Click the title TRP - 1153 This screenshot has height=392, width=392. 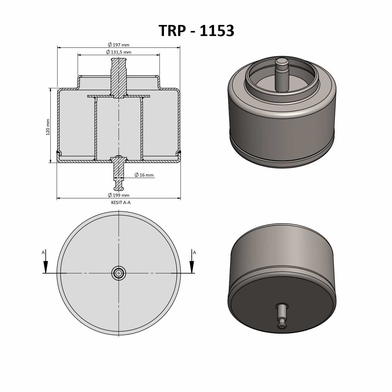point(196,31)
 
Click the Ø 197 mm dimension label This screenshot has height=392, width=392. point(119,45)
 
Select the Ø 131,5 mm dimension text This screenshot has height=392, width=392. point(119,52)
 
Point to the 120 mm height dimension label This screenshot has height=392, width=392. point(48,127)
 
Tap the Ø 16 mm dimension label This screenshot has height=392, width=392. point(144,175)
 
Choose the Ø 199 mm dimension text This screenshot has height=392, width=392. point(119,195)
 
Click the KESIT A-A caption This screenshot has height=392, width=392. point(121,202)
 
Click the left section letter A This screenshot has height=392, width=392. point(43,252)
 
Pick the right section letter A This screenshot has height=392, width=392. point(194,252)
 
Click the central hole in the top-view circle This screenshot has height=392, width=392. point(119,273)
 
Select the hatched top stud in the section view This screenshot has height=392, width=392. point(119,77)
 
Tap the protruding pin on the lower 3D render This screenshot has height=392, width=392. point(282,316)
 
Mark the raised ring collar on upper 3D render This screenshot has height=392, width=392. point(282,95)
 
